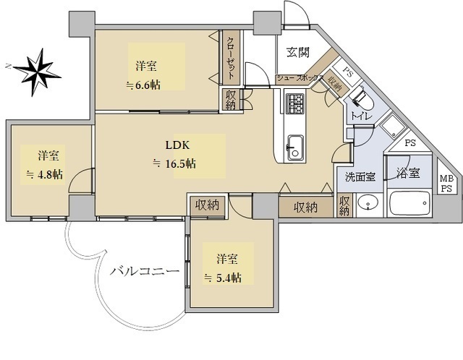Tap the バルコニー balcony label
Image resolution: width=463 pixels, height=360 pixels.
pyautogui.click(x=145, y=273)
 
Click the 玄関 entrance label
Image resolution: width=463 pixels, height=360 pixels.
pyautogui.click(x=297, y=52)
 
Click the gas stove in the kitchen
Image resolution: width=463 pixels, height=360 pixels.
pyautogui.click(x=296, y=105)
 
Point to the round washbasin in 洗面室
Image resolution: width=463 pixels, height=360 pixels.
pyautogui.click(x=368, y=203)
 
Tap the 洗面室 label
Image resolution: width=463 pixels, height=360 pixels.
pyautogui.click(x=360, y=175)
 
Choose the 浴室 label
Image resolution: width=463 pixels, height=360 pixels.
pyautogui.click(x=409, y=173)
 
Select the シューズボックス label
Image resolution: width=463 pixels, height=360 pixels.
pyautogui.click(x=300, y=77)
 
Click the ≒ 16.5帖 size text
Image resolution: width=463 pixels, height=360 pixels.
pyautogui.click(x=173, y=163)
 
